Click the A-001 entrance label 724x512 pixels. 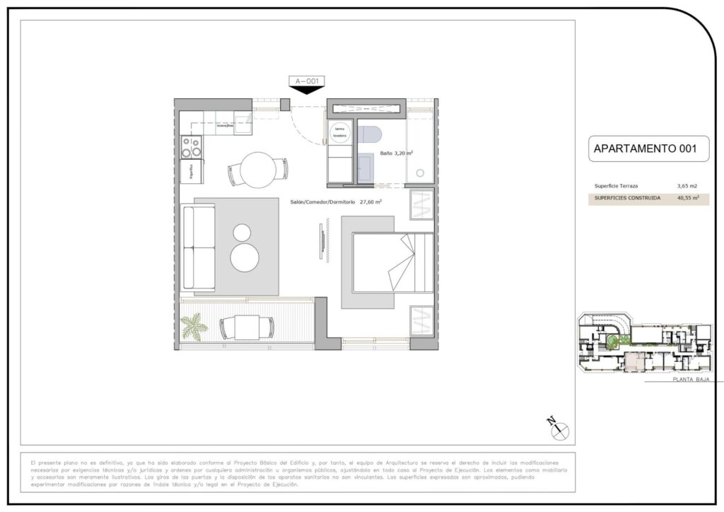(x=306, y=81)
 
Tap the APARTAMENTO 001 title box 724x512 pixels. (x=645, y=149)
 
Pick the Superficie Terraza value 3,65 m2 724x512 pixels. (x=687, y=185)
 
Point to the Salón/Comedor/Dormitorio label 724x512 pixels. (x=336, y=202)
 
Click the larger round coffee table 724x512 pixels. (x=245, y=257)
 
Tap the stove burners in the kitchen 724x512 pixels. (x=191, y=146)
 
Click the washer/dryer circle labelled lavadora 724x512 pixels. (x=339, y=132)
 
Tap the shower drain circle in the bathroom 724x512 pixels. (x=421, y=171)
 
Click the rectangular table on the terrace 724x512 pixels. (x=246, y=326)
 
